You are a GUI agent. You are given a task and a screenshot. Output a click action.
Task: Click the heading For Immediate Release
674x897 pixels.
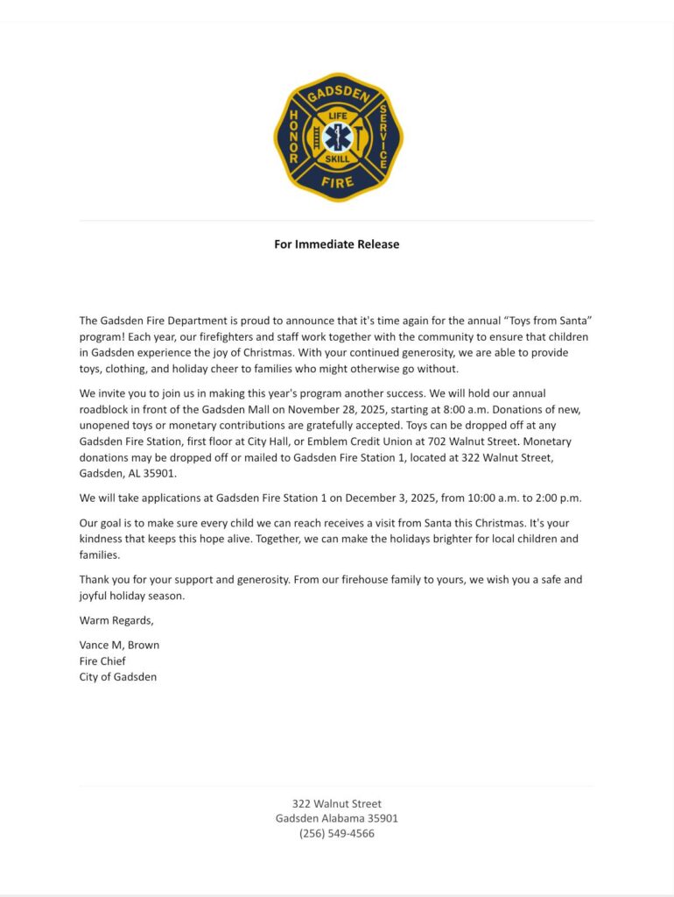pos(336,244)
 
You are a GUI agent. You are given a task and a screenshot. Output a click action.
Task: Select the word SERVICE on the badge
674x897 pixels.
pos(383,138)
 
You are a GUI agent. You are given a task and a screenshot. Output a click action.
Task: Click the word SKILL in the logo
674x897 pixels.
pos(337,159)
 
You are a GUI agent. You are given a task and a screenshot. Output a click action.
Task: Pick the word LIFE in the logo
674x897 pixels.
pos(337,116)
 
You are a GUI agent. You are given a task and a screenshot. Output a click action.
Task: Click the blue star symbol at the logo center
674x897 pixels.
pos(337,138)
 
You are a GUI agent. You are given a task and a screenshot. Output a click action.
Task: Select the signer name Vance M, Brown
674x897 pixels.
pos(119,646)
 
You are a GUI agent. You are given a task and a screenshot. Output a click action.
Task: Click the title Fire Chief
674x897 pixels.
pos(102,661)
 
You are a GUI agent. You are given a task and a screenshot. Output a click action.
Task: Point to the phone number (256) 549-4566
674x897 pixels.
pos(337,834)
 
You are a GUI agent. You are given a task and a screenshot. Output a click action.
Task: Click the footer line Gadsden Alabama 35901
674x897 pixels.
pos(337,818)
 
